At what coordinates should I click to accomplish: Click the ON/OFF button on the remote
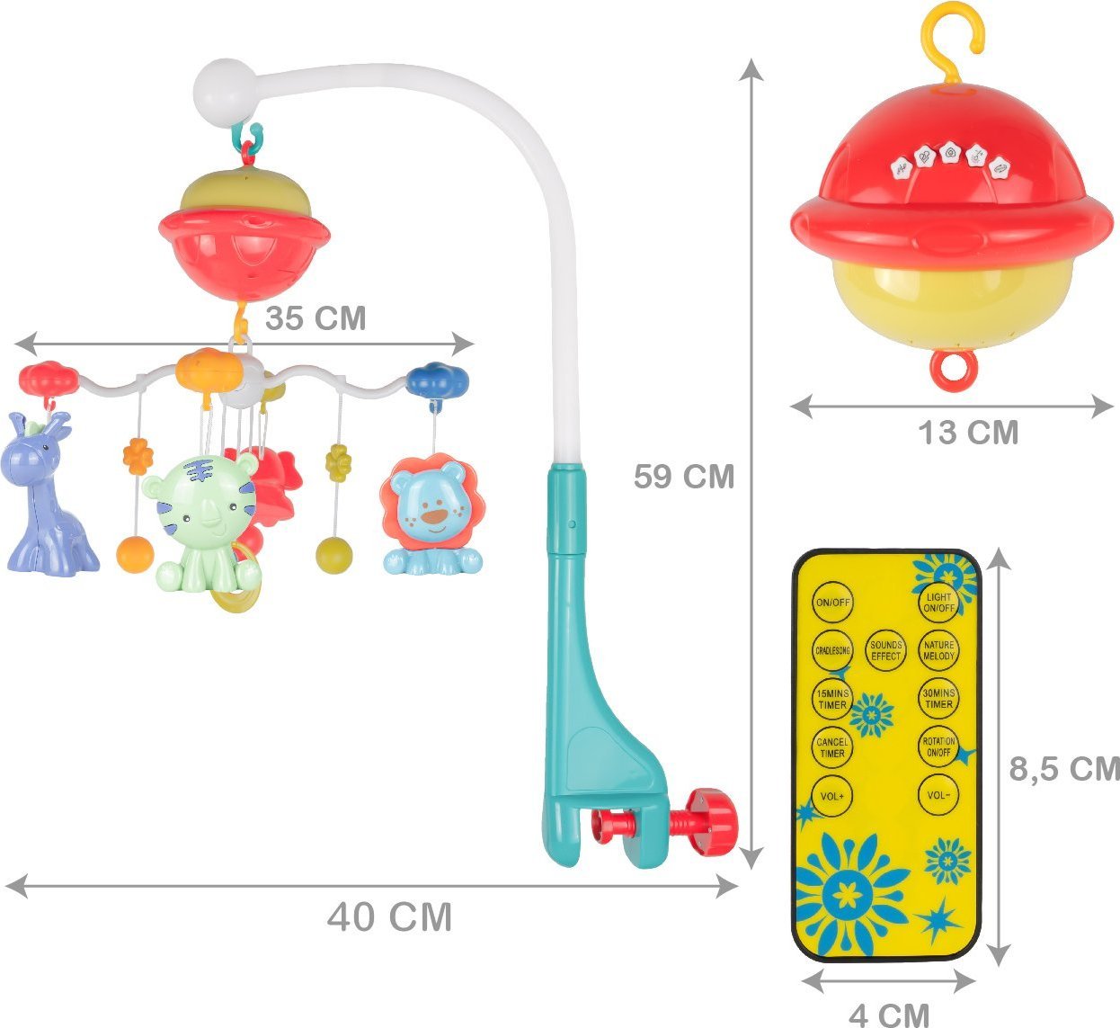[832, 602]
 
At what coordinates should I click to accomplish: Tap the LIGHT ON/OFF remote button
[938, 602]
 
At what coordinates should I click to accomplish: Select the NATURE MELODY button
[938, 650]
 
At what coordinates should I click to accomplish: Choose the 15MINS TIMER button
[832, 699]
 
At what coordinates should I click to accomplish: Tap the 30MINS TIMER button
[938, 699]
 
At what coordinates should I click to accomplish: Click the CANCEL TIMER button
[832, 746]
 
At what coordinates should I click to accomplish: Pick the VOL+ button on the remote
[832, 795]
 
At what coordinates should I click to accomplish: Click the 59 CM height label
[683, 476]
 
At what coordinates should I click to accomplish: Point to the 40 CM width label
[389, 917]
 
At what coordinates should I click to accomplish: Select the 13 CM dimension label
[968, 433]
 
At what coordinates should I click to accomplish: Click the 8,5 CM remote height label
[1064, 769]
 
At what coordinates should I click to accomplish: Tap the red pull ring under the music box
[953, 369]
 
